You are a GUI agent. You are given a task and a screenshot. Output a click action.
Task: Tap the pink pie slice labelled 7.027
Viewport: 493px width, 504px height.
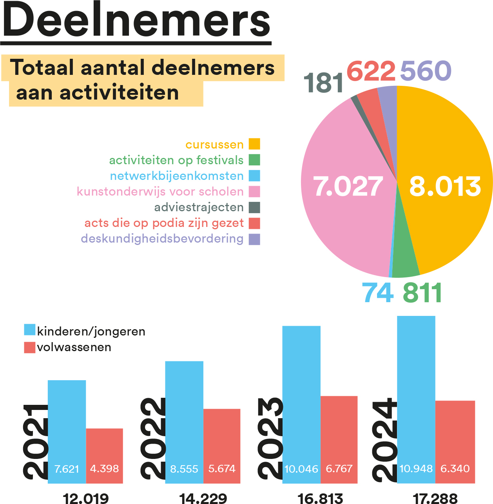pyautogui.click(x=347, y=187)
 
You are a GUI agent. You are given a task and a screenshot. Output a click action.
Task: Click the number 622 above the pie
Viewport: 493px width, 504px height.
pyautogui.click(x=371, y=71)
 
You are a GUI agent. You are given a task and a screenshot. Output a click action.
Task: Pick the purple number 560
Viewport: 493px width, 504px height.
pyautogui.click(x=426, y=70)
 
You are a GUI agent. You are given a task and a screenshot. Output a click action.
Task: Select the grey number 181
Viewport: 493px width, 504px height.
pyautogui.click(x=323, y=83)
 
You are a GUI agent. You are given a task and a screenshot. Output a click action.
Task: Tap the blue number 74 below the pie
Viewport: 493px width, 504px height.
pyautogui.click(x=377, y=293)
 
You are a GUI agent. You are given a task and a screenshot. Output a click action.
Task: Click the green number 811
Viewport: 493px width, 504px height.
pyautogui.click(x=422, y=293)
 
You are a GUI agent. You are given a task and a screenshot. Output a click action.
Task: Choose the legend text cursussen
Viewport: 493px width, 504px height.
pyautogui.click(x=215, y=145)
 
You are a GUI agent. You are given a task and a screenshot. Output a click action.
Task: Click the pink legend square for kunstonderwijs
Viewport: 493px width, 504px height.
pyautogui.click(x=254, y=192)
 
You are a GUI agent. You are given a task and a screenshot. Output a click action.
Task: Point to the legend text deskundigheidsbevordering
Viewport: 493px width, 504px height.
pyautogui.click(x=162, y=239)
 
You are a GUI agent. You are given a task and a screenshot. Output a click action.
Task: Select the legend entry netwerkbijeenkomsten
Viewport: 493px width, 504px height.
pyautogui.click(x=185, y=176)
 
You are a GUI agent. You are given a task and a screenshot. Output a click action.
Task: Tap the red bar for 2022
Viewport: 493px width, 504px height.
pyautogui.click(x=222, y=446)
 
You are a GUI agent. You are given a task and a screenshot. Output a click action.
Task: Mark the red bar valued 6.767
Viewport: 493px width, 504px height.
pyautogui.click(x=339, y=440)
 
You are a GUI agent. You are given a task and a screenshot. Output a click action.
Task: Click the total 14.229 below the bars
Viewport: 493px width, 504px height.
pyautogui.click(x=203, y=498)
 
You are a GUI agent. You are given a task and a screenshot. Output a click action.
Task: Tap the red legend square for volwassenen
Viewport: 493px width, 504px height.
pyautogui.click(x=29, y=348)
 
